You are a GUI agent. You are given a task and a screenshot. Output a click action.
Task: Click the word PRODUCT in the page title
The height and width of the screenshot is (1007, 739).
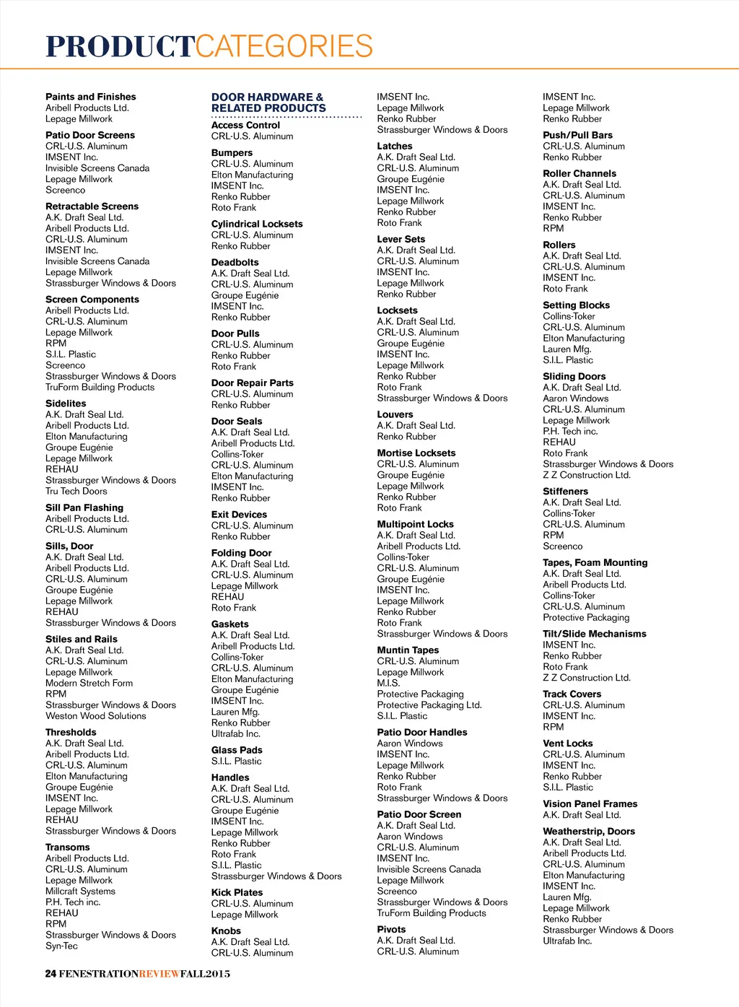120,47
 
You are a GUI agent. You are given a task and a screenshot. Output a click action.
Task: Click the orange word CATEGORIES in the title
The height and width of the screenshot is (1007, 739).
284,47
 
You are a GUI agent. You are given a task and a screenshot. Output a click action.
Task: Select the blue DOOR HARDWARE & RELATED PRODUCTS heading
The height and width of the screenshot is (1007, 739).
268,103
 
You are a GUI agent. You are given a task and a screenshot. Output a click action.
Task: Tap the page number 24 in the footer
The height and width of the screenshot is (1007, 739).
51,974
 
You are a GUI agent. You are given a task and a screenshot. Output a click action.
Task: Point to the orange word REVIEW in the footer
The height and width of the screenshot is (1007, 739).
159,974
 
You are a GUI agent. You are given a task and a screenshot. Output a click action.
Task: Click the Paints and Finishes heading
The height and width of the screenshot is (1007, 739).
90,97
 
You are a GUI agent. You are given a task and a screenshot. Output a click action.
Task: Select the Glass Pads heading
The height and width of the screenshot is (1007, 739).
237,750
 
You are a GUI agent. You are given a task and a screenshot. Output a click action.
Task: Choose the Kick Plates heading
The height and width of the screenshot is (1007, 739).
237,892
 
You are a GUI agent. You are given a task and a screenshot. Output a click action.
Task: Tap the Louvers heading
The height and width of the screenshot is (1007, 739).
395,414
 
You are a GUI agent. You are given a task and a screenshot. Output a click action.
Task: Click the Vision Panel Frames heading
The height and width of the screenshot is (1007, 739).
590,803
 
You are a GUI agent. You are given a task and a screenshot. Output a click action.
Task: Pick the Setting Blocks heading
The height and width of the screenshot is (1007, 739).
576,305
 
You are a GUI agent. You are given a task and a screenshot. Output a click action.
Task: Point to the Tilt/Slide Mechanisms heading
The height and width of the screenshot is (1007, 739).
594,634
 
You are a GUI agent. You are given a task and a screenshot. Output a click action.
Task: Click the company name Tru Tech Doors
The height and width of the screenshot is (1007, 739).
76,491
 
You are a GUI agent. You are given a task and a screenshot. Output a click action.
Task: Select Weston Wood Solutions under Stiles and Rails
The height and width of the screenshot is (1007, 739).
95,716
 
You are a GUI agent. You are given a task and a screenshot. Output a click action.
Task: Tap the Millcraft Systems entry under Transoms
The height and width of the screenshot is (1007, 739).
80,892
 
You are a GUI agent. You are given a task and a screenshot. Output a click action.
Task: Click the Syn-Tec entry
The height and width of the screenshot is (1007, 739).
61,946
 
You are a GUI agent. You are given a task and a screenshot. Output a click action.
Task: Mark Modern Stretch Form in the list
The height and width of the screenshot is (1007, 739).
89,683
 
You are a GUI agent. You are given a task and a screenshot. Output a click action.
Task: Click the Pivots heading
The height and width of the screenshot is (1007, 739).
391,930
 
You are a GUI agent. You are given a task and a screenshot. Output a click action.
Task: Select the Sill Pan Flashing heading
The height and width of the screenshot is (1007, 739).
84,507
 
